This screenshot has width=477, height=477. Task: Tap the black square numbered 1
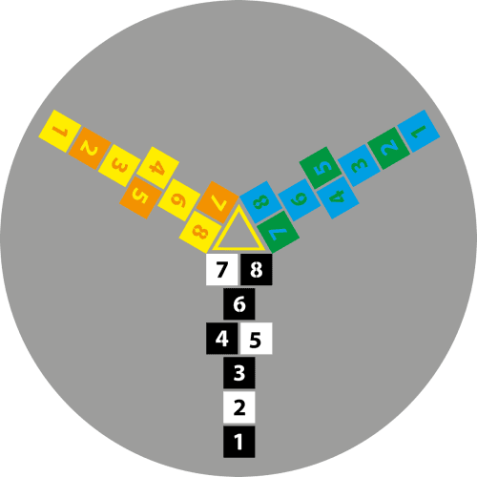pyautogui.click(x=238, y=442)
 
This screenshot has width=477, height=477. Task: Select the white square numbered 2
pyautogui.click(x=238, y=407)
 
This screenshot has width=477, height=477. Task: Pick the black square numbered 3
pyautogui.click(x=238, y=373)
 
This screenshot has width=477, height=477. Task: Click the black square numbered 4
pyautogui.click(x=221, y=339)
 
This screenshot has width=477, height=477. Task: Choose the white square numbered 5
pyautogui.click(x=257, y=339)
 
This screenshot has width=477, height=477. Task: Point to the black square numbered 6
pyautogui.click(x=238, y=303)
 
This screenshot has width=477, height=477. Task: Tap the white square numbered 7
pyautogui.click(x=221, y=269)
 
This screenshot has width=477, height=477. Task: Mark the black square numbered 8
pyautogui.click(x=257, y=269)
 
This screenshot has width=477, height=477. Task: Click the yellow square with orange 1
pyautogui.click(x=59, y=131)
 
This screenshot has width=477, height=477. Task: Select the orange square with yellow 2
pyautogui.click(x=90, y=148)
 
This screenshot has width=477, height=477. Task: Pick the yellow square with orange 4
pyautogui.click(x=157, y=168)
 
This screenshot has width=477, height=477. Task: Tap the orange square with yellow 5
pyautogui.click(x=140, y=197)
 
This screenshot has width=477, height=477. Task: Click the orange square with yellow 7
pyautogui.click(x=218, y=202)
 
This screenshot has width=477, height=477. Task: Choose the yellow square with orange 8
pyautogui.click(x=200, y=232)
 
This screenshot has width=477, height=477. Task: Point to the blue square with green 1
pyautogui.click(x=419, y=131)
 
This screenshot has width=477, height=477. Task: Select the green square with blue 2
pyautogui.click(x=388, y=148)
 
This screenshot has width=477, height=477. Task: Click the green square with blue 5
pyautogui.click(x=321, y=168)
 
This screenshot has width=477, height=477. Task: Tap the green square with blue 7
pyautogui.click(x=278, y=232)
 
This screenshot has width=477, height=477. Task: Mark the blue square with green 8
pyautogui.click(x=260, y=202)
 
